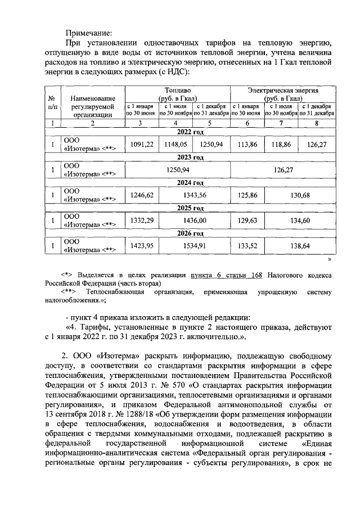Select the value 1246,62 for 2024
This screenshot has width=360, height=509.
pos(142,195)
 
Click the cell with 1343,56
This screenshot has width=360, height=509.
pos(194,195)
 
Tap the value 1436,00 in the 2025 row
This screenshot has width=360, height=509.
pos(194,220)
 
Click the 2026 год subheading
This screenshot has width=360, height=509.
pos(190,233)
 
